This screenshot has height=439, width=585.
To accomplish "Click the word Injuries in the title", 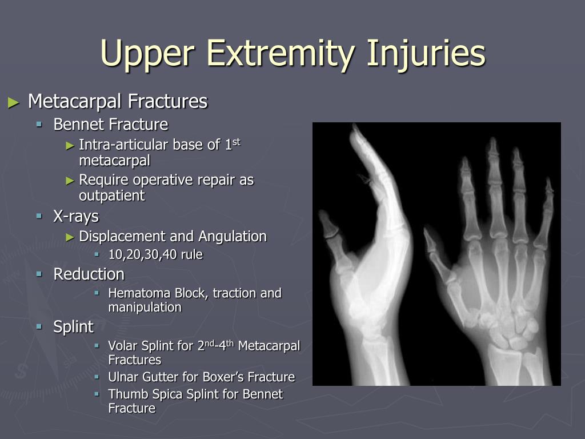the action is point(426,53).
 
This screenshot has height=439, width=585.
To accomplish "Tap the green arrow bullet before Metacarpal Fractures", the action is point(14,102).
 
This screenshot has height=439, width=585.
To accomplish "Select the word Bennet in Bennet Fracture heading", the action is point(77,124).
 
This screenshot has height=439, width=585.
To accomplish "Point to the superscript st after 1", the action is point(236,142).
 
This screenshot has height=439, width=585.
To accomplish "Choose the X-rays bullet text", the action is point(76,217).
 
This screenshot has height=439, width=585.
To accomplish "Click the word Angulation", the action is point(233,237).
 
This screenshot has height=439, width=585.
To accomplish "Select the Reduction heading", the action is point(89,274).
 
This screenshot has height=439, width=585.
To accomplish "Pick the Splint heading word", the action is point(73,326).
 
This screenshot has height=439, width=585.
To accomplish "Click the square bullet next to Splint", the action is point(39,326).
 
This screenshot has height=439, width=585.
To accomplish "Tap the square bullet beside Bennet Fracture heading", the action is point(39,123).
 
